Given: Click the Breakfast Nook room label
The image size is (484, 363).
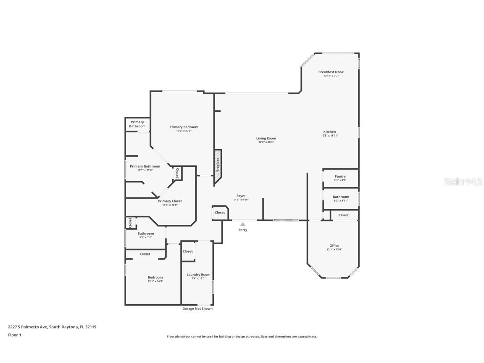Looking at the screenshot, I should (x=331, y=72).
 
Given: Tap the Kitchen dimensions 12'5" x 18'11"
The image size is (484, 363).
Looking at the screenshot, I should (x=329, y=136).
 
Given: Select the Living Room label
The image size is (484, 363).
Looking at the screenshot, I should (x=266, y=138).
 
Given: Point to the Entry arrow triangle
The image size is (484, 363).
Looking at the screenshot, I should (x=243, y=224).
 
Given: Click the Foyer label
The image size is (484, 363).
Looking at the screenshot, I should (x=241, y=196).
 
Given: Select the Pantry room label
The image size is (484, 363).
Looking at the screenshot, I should (x=340, y=176).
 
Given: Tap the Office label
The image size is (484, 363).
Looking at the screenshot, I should (x=334, y=246).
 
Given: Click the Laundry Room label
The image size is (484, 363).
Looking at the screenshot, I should (x=198, y=275).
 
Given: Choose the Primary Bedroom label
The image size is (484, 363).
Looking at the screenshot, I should (x=184, y=127).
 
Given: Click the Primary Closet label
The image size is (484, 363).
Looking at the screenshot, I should (x=170, y=201).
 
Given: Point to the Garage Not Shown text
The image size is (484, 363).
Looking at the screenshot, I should (x=197, y=309).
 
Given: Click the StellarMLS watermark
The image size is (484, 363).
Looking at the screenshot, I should (x=463, y=181).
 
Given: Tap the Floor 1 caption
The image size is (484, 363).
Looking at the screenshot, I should (x=14, y=335).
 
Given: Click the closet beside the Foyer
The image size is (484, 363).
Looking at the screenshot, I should (x=220, y=213).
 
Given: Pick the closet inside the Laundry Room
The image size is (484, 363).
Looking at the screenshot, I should (x=188, y=251).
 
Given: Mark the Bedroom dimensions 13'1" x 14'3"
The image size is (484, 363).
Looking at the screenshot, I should (x=155, y=281).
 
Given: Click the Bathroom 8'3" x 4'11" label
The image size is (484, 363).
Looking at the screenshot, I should (x=341, y=197).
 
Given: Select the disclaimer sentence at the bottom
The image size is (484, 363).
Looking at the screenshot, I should (x=242, y=337).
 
